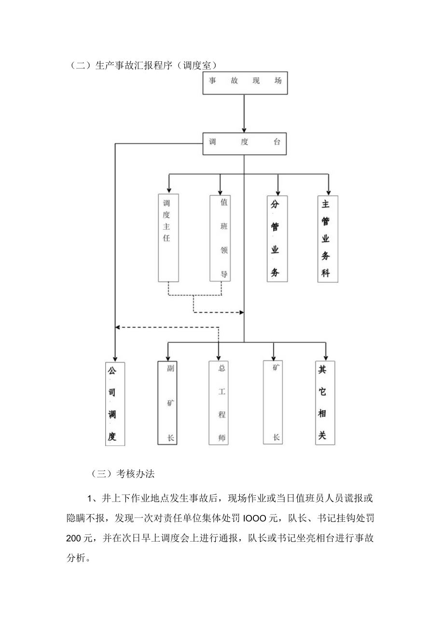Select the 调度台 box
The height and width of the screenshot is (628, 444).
[x=244, y=143]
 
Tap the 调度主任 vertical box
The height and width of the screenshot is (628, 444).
[x=167, y=238]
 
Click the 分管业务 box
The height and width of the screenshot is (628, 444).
[x=277, y=238]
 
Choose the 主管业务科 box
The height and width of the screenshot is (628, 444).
[x=328, y=238]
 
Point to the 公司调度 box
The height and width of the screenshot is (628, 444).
[x=115, y=403]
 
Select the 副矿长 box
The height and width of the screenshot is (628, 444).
[x=167, y=403]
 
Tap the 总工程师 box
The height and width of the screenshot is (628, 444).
[x=219, y=403]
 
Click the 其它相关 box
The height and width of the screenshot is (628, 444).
[x=325, y=403]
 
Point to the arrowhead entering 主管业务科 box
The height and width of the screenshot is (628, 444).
[x=329, y=191]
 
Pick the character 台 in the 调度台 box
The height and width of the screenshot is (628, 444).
[x=277, y=143]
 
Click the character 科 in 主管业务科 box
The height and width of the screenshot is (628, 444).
[x=326, y=273]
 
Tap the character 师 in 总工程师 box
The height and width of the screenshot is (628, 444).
[x=222, y=438]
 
